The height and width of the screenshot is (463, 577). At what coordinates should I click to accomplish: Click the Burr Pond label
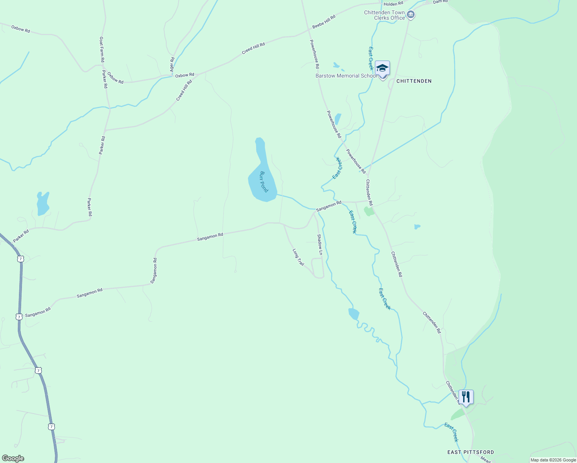(264, 182)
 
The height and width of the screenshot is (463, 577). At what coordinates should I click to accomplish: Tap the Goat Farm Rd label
(102, 49)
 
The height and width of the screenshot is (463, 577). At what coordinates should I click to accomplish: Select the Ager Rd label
(172, 64)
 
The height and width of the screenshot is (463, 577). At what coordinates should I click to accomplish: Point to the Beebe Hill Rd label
(324, 22)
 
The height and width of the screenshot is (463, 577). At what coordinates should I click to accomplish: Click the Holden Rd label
(393, 4)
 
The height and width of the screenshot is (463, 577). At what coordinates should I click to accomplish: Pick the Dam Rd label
(440, 2)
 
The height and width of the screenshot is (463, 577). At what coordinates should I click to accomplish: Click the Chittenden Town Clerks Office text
(385, 15)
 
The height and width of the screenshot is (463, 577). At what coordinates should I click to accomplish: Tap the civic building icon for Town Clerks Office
(411, 15)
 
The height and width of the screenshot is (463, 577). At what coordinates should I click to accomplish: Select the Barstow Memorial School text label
(346, 76)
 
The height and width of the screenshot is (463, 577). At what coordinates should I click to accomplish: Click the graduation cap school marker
(382, 68)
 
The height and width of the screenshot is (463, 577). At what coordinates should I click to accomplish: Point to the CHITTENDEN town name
(414, 81)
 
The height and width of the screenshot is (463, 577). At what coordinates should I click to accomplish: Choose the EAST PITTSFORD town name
(471, 452)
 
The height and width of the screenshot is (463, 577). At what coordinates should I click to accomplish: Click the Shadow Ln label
(319, 244)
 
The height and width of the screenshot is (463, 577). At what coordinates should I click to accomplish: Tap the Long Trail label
(298, 257)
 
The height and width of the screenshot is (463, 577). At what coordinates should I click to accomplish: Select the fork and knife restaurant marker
(466, 397)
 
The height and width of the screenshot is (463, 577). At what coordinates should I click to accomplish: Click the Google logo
(13, 458)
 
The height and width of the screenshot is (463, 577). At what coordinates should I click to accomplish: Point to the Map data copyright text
(553, 460)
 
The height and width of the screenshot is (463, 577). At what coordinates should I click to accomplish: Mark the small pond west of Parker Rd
(42, 203)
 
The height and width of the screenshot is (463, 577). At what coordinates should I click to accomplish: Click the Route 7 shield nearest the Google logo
(52, 427)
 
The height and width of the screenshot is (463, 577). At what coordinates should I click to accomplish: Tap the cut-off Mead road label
(486, 459)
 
